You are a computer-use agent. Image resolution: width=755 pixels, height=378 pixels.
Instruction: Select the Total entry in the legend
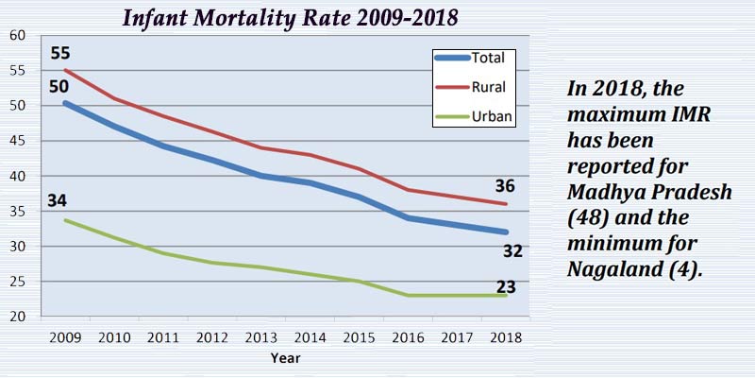(488, 58)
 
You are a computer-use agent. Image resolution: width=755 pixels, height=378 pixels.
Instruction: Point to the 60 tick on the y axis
(17, 35)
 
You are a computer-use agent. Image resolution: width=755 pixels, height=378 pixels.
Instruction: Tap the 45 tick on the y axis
(17, 141)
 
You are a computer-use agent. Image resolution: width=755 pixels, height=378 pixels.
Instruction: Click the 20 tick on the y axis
(17, 317)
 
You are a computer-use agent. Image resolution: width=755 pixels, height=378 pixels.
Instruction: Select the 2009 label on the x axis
(63, 337)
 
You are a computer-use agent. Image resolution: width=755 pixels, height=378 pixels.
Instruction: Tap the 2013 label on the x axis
(261, 337)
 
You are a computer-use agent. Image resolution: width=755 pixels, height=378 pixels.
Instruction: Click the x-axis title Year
(286, 359)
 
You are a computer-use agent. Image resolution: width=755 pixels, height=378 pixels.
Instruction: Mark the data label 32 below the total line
(512, 251)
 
